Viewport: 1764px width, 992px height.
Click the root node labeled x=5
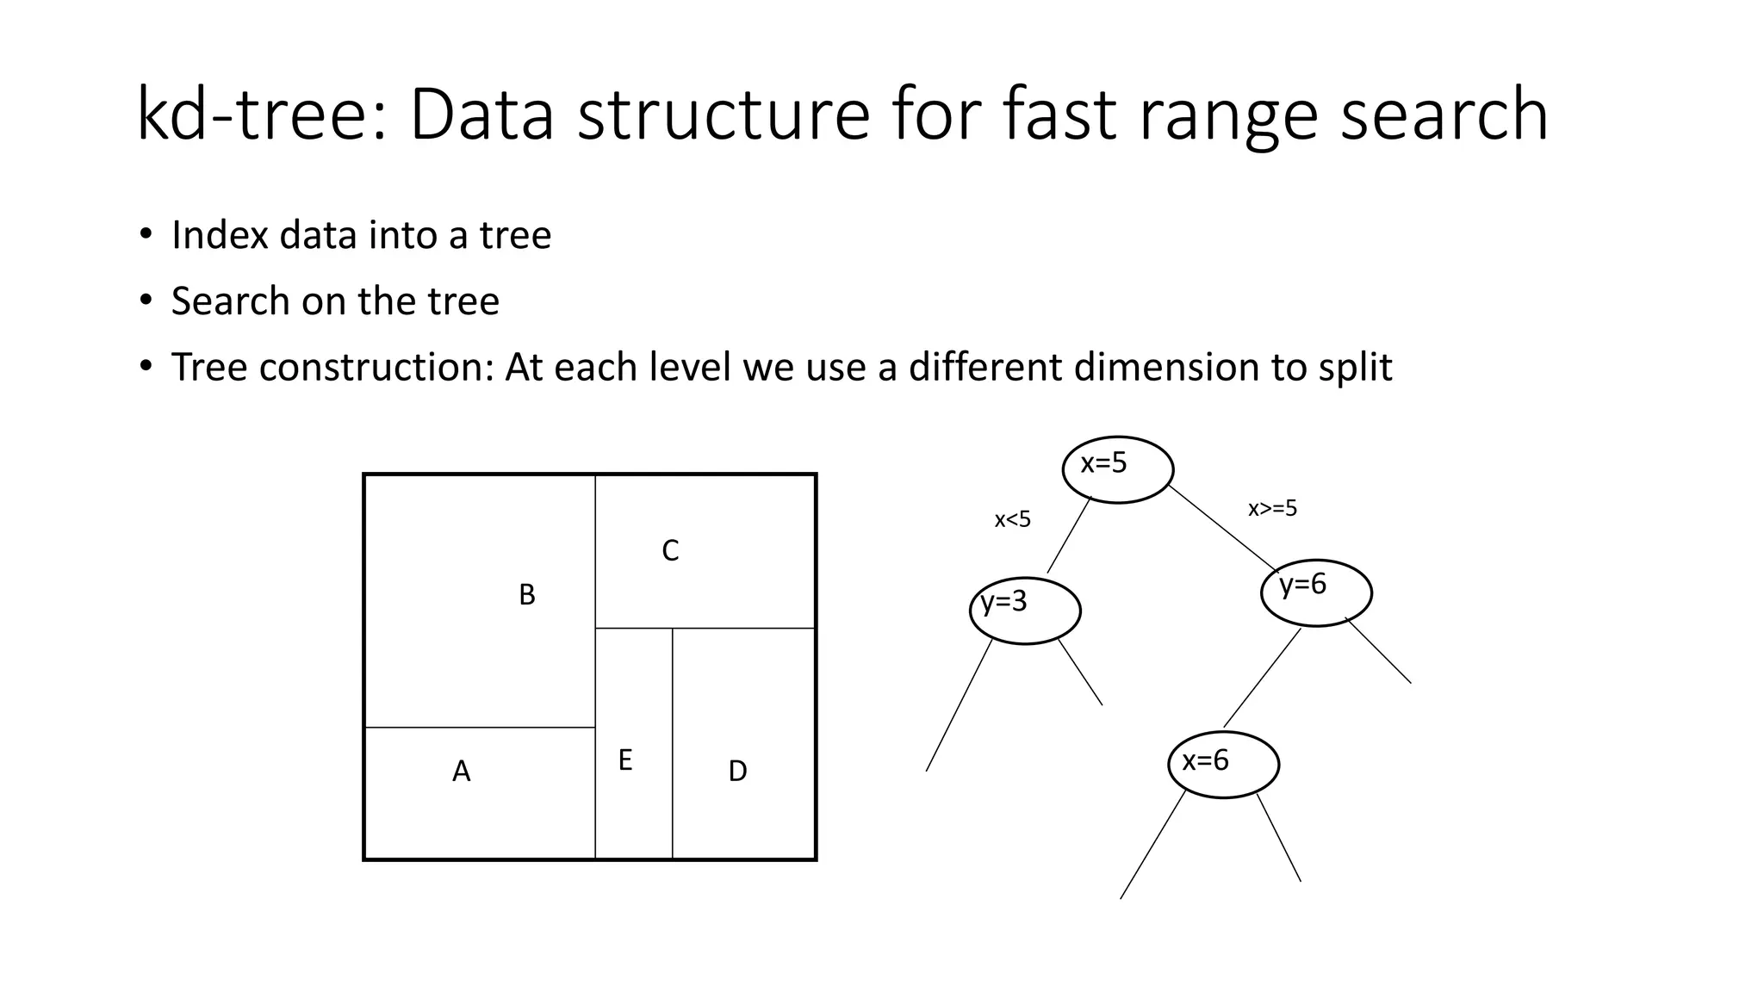tap(1117, 469)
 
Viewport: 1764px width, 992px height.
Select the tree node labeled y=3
tap(1024, 610)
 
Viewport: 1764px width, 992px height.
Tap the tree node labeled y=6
tap(1315, 592)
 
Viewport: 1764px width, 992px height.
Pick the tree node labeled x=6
tap(1223, 765)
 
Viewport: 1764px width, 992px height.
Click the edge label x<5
tap(1012, 520)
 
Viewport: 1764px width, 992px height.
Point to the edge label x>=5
tap(1272, 509)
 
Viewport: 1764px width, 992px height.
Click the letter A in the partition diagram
tap(462, 772)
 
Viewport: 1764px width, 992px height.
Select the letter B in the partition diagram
tap(527, 595)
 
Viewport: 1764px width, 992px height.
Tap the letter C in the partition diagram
tap(670, 551)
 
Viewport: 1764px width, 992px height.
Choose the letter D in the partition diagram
tap(737, 772)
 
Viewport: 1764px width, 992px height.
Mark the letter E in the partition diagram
tap(625, 760)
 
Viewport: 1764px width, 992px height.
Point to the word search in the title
tap(1444, 115)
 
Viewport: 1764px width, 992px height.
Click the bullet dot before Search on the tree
tap(146, 301)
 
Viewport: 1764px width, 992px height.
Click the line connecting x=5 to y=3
tap(1069, 535)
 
